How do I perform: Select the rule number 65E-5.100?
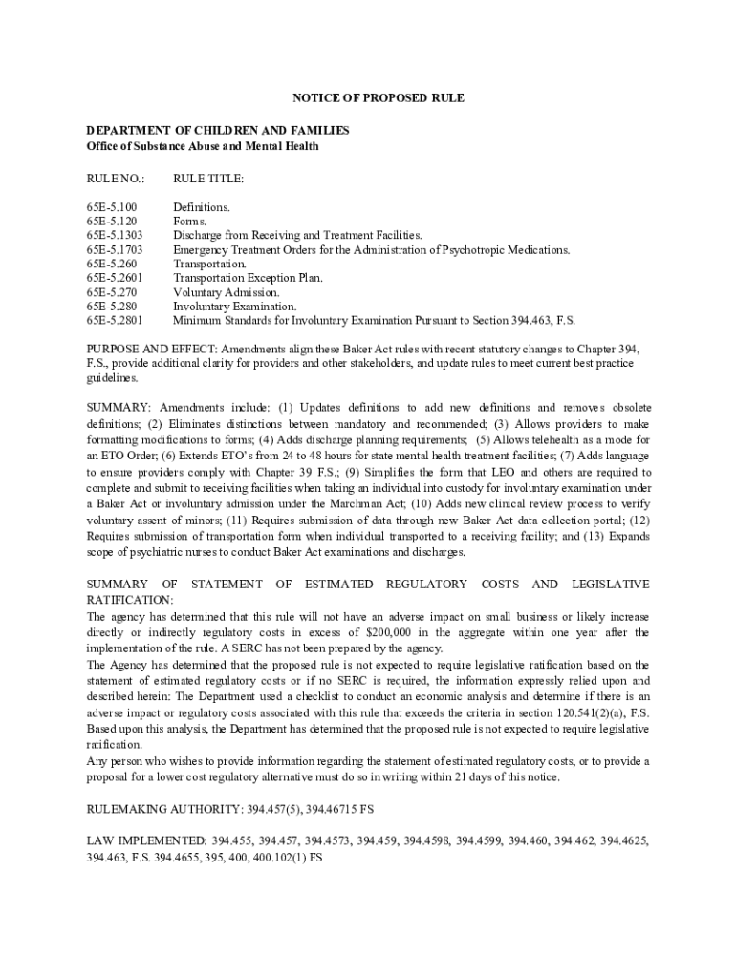point(112,207)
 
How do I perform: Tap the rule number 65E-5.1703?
point(115,250)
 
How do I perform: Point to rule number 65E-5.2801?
point(115,321)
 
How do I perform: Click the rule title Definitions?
point(201,207)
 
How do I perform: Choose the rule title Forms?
point(189,222)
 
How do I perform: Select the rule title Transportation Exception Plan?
point(248,278)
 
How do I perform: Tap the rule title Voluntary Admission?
point(226,292)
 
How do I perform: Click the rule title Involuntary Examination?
point(234,307)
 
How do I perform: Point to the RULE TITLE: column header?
point(208,179)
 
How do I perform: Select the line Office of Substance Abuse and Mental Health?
point(203,146)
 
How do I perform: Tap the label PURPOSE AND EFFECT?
point(157,350)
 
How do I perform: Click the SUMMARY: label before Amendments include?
point(119,407)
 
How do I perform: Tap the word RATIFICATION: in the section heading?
point(130,599)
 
